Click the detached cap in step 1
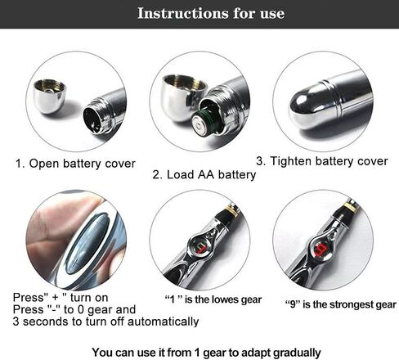49,96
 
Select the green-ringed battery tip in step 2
202,125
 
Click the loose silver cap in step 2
182,97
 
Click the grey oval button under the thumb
87,244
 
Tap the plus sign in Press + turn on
55,298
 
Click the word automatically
163,322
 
